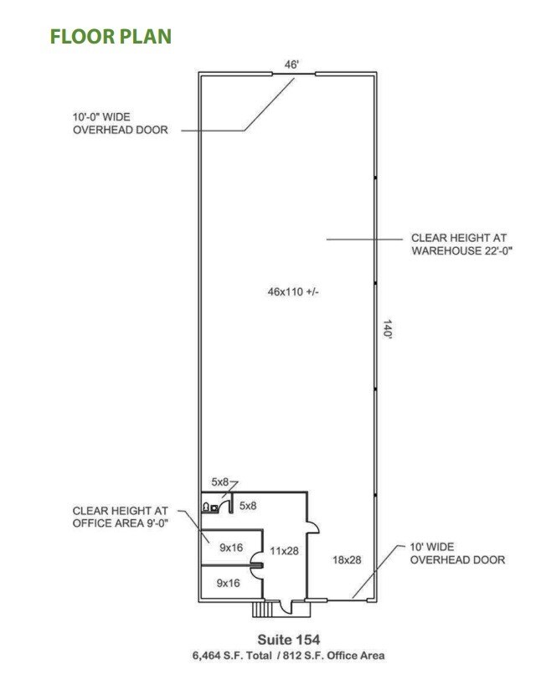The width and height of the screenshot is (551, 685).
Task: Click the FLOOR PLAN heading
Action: coord(111,37)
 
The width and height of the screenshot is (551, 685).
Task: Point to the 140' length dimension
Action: coord(387,329)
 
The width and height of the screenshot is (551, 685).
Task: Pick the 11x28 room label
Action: coord(285,550)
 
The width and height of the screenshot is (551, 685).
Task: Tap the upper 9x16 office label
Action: coord(231,547)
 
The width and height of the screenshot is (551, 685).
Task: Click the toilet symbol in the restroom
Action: coord(205,507)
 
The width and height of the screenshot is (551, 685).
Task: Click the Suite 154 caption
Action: coord(289,640)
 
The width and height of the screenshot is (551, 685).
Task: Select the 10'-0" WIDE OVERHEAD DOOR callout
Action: coord(121,124)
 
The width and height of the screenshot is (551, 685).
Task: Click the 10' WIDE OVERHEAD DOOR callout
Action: coord(457,553)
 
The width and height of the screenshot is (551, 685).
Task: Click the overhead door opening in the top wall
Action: coord(293,74)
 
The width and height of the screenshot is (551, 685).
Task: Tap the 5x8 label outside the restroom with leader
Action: coord(220,482)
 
